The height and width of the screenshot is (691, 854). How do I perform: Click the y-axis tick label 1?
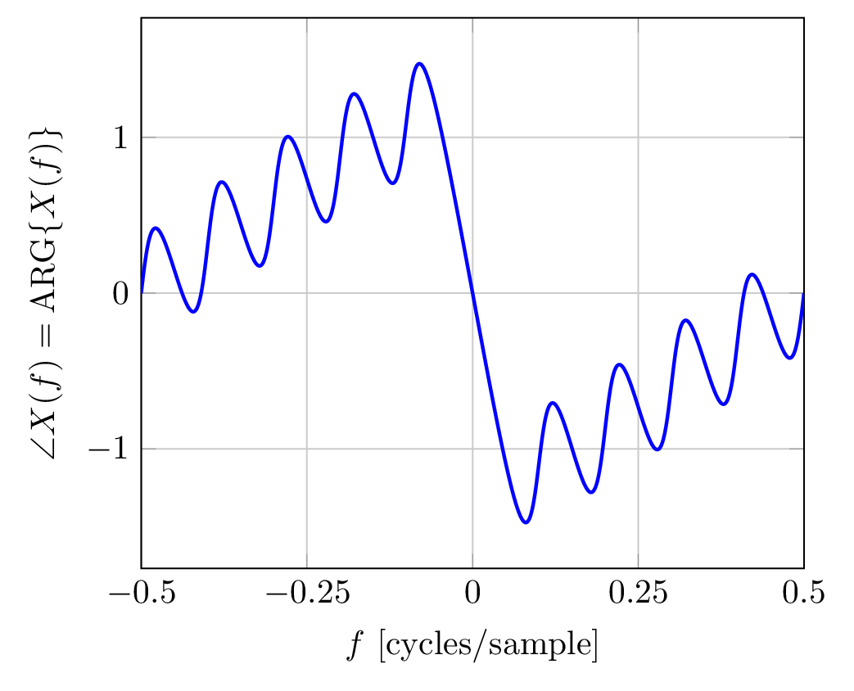[121, 138]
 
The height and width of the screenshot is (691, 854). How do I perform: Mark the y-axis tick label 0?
[121, 293]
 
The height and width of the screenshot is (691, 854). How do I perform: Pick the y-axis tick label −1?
[110, 449]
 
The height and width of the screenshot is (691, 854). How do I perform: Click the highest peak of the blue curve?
[419, 63]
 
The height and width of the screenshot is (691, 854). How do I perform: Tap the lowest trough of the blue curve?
[526, 522]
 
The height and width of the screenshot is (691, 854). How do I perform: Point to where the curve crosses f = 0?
[472, 293]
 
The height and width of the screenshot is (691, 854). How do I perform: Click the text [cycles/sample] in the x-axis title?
[488, 647]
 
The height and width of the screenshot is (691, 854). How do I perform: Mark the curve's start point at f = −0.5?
[142, 293]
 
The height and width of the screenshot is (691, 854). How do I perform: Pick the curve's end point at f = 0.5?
[803, 293]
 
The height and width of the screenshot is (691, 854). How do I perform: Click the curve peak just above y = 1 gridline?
[287, 136]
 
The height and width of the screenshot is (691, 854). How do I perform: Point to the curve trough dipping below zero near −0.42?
[193, 312]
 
